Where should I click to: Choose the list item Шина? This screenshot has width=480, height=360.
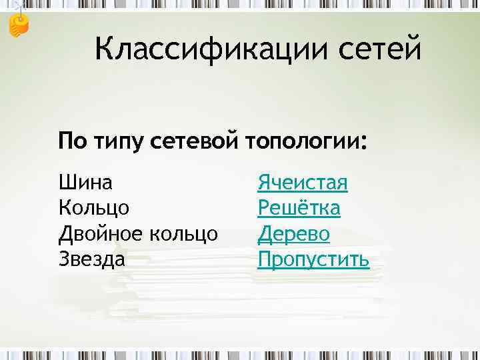click(85, 181)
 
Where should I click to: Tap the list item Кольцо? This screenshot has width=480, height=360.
click(94, 208)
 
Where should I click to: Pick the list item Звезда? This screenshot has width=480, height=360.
click(92, 258)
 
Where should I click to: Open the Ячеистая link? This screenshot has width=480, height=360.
click(303, 182)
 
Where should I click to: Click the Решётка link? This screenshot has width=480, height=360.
click(299, 207)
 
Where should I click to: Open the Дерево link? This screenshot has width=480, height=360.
click(294, 233)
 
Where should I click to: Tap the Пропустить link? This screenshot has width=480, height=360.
click(313, 259)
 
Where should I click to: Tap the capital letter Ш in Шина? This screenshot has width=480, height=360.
click(66, 181)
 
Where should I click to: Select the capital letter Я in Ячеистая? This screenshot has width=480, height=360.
click(264, 182)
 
